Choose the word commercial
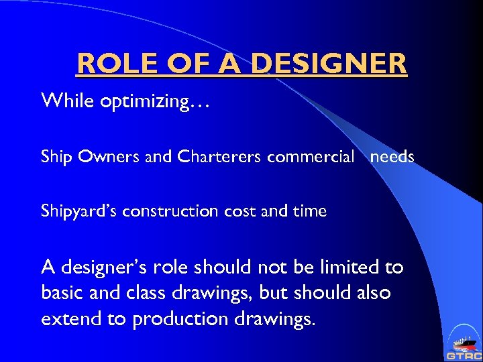(x=311, y=158)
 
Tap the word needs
(x=392, y=157)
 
